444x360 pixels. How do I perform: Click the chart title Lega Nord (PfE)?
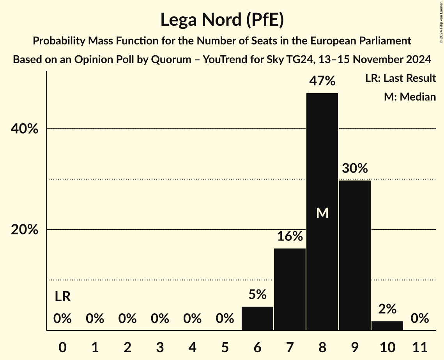point(222,19)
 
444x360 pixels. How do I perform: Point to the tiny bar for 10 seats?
point(387,326)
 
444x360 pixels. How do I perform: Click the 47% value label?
point(322,81)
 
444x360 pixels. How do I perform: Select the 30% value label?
point(355,169)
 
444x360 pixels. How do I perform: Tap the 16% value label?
point(290,236)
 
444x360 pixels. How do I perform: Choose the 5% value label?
point(257,295)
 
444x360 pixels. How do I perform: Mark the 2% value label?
point(387,309)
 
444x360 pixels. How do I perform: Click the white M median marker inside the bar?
point(322,213)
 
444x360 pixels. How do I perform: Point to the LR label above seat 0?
point(62,297)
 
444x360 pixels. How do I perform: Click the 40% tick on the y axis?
point(25,129)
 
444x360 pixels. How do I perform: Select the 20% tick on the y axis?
point(25,230)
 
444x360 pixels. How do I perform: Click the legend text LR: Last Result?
point(400,78)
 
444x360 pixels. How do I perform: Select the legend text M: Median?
point(409,97)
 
